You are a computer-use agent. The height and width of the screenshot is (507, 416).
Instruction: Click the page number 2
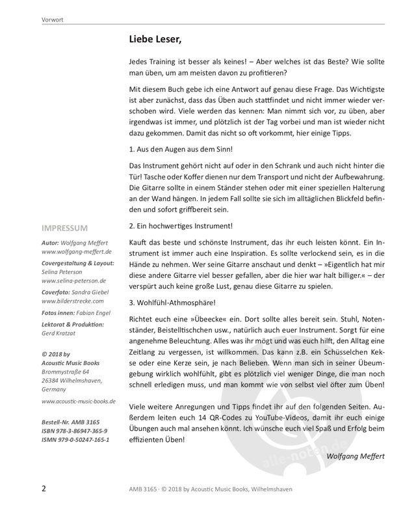[x=43, y=488]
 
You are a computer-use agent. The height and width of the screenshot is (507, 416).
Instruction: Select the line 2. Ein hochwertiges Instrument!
[x=181, y=225]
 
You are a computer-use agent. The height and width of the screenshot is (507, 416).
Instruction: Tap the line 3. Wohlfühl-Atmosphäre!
[x=170, y=302]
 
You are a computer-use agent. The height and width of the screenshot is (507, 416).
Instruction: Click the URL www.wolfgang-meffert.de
[x=77, y=250]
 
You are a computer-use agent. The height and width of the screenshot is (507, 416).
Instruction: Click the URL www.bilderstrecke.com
[x=73, y=302]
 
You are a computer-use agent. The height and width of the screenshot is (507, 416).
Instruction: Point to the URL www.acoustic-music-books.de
[x=78, y=402]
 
